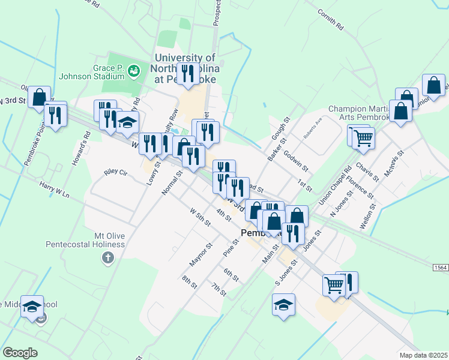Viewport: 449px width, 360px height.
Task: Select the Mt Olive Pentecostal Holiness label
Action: (84, 240)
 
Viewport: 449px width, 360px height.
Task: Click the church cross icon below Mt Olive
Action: (107, 259)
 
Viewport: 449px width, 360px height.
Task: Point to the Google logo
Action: (20, 353)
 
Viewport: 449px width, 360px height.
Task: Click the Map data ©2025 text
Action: (423, 355)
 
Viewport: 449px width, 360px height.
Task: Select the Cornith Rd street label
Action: (331, 19)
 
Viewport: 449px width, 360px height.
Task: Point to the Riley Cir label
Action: (116, 172)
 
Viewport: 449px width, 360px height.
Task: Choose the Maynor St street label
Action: (201, 255)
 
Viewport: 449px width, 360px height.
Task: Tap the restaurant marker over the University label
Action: (188, 74)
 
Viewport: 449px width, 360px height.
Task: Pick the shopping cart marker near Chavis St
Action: (363, 138)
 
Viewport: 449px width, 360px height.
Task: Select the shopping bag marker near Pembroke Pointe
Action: (40, 97)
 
